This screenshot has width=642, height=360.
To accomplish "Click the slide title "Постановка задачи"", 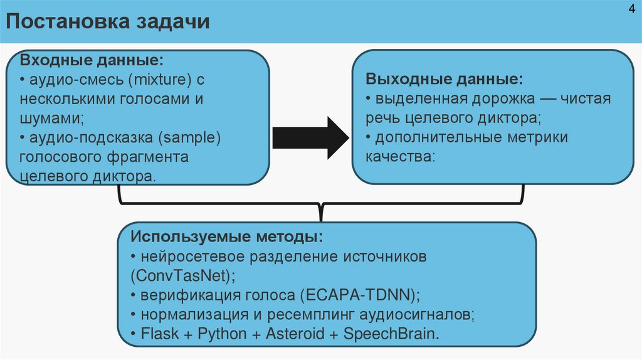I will click(108, 22).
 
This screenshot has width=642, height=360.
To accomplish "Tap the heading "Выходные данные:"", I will click(443, 80).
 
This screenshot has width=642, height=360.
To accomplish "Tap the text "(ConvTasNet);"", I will click(184, 275).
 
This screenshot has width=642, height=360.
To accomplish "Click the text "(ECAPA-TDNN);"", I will click(359, 295).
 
